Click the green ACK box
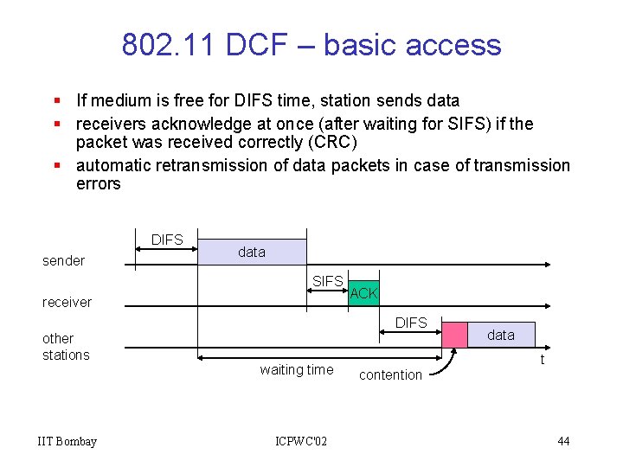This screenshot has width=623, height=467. (x=363, y=293)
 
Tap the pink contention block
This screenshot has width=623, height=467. (x=454, y=335)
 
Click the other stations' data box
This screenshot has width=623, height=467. (x=501, y=335)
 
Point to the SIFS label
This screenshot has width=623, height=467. (x=328, y=281)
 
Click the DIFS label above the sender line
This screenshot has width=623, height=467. (x=167, y=240)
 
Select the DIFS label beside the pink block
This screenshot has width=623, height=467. (x=411, y=323)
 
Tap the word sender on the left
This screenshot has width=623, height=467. (x=64, y=260)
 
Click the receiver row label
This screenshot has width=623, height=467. (x=67, y=302)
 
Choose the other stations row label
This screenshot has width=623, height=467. (x=66, y=347)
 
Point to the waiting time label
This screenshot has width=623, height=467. (x=296, y=370)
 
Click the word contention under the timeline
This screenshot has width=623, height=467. (x=390, y=374)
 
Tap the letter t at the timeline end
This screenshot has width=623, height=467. (x=543, y=360)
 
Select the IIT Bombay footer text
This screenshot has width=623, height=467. (x=67, y=442)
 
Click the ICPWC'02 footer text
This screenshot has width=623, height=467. (x=301, y=442)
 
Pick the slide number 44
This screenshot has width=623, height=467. (x=563, y=442)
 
